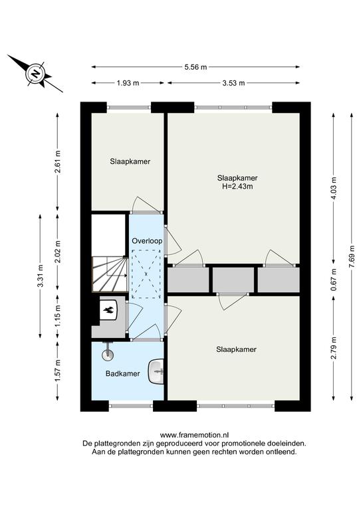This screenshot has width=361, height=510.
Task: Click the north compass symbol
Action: (35, 74)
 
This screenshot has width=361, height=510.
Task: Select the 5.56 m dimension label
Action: (195, 67)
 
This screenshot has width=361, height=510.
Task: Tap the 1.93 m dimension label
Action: (128, 83)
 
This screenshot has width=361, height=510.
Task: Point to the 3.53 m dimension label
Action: (233, 83)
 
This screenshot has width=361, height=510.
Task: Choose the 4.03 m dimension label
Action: (334, 188)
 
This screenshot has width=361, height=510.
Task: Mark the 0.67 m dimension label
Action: (334, 280)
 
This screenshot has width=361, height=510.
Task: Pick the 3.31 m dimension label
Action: (40, 276)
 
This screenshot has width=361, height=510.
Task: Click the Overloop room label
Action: (147, 241)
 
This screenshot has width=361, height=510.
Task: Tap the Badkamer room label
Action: (123, 374)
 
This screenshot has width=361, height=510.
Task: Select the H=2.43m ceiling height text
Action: (237, 187)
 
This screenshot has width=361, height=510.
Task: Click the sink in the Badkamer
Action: (156, 371)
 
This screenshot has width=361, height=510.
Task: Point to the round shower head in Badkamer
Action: (108, 355)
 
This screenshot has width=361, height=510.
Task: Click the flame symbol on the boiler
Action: (109, 311)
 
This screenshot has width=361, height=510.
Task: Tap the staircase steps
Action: (110, 274)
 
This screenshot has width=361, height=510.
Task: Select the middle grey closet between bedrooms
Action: (233, 280)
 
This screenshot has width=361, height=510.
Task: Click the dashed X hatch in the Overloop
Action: (146, 274)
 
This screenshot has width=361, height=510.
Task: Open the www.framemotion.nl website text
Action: (194, 435)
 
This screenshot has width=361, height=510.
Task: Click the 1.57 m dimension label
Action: (58, 371)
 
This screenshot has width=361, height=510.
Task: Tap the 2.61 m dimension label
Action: (58, 161)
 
